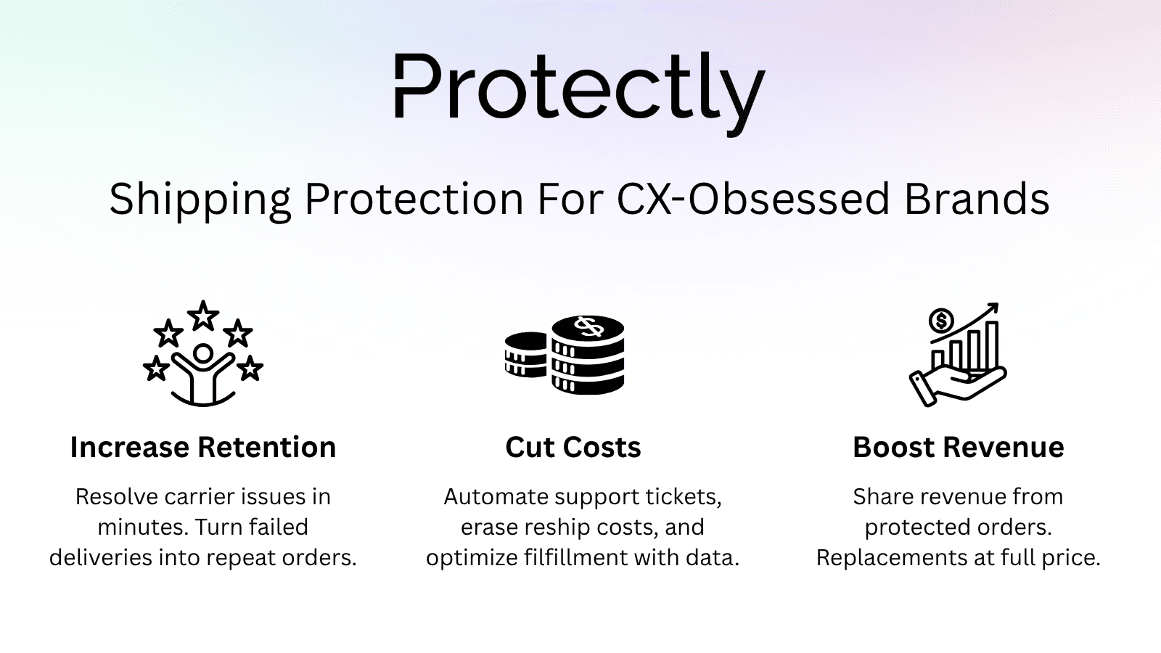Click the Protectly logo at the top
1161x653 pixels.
pyautogui.click(x=579, y=91)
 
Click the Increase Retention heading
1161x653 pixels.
pyautogui.click(x=203, y=447)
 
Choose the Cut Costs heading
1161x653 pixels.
pyautogui.click(x=573, y=447)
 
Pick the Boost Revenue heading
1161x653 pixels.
pyautogui.click(x=958, y=447)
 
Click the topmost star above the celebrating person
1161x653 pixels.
pyautogui.click(x=203, y=316)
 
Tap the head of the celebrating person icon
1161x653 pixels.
pyautogui.click(x=203, y=353)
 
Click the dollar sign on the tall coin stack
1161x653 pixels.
pyautogui.click(x=588, y=326)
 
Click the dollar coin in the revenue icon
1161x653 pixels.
pyautogui.click(x=941, y=320)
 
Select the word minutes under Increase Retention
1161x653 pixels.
pyautogui.click(x=141, y=527)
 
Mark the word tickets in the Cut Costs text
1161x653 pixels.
pyautogui.click(x=686, y=496)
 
